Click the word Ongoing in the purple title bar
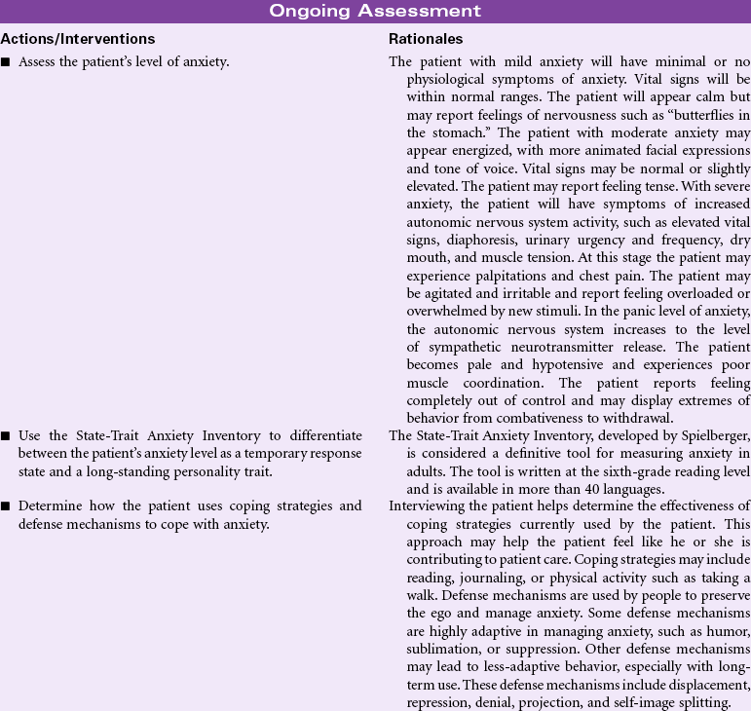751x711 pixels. [x=318, y=11]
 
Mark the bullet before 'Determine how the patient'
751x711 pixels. [x=7, y=506]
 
